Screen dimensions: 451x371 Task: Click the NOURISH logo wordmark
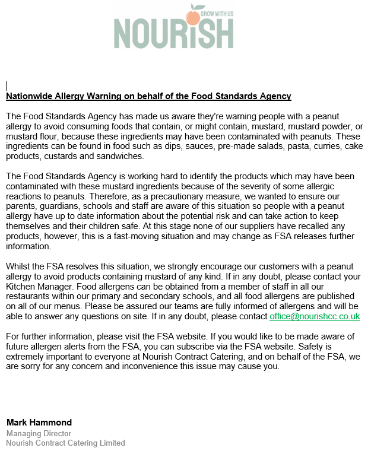click(x=173, y=33)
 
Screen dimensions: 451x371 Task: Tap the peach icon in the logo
click(x=194, y=17)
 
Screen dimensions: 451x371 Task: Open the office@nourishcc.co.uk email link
click(x=315, y=317)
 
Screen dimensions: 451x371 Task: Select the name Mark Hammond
click(x=39, y=423)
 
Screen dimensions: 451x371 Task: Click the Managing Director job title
click(x=39, y=433)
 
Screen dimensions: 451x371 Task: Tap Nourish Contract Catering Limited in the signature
click(x=66, y=443)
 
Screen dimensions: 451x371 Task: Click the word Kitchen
click(x=23, y=286)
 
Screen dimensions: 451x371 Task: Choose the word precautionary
click(x=169, y=197)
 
